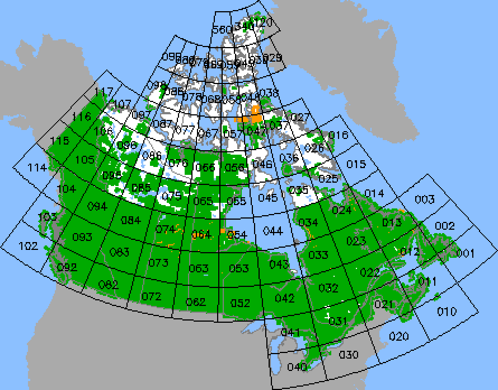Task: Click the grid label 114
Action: click(x=37, y=168)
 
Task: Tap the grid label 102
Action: click(x=28, y=245)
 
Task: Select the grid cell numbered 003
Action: click(x=425, y=199)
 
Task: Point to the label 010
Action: click(x=447, y=311)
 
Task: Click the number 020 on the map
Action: click(x=399, y=336)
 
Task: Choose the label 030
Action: click(x=349, y=354)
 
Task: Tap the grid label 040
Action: click(x=297, y=367)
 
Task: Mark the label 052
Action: click(x=240, y=303)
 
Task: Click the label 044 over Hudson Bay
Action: click(x=273, y=230)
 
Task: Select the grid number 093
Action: click(x=82, y=237)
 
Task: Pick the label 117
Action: click(x=104, y=91)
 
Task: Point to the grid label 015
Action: click(x=356, y=164)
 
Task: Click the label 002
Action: click(x=445, y=225)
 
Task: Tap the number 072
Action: click(x=151, y=296)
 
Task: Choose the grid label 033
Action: click(x=318, y=255)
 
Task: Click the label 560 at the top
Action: click(x=222, y=29)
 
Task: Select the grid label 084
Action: click(x=131, y=220)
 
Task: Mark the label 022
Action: click(x=370, y=272)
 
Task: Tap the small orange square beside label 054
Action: click(x=223, y=230)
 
